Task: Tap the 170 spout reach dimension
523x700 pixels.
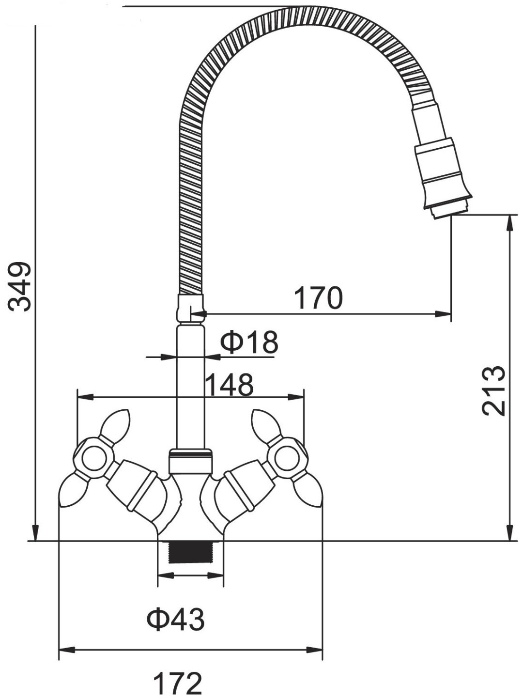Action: tap(318, 298)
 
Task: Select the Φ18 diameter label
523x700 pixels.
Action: tap(249, 342)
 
